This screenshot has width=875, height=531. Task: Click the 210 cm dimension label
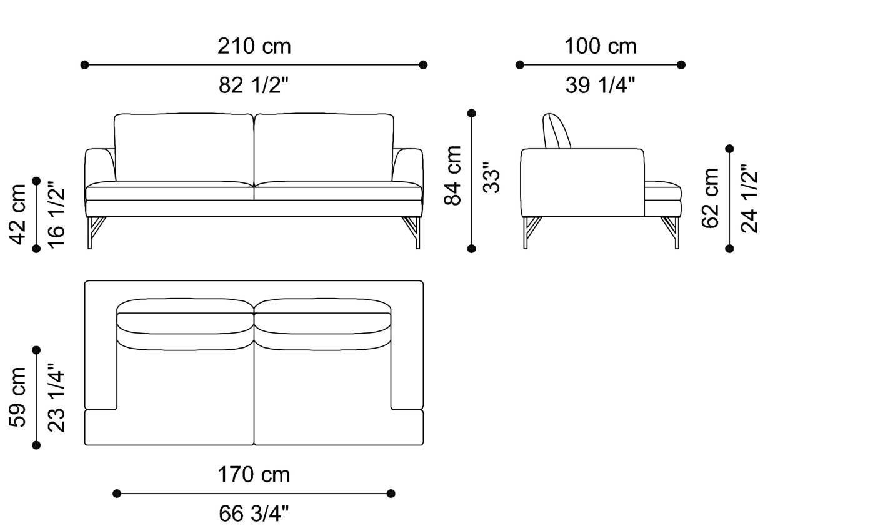point(254,46)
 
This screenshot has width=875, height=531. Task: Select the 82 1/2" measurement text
point(254,85)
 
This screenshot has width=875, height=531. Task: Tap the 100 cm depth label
point(600,46)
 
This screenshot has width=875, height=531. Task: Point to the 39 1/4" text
point(600,85)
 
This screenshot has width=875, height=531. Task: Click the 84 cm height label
point(453,175)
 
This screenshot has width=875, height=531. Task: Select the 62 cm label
point(711,198)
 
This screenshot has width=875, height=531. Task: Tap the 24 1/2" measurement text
point(749,198)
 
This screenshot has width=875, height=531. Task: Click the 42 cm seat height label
point(17,214)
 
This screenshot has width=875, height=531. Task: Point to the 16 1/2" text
point(56,214)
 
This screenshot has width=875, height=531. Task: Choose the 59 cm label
point(17,397)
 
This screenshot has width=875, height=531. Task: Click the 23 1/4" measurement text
point(56,397)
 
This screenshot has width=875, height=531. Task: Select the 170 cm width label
point(254,475)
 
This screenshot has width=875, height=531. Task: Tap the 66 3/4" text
point(254,514)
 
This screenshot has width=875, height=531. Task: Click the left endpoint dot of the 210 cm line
point(85,64)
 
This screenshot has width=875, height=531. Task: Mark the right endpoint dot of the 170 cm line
point(391,494)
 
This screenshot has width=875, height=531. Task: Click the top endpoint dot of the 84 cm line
point(472,113)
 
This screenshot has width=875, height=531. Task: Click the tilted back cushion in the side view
point(557,131)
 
